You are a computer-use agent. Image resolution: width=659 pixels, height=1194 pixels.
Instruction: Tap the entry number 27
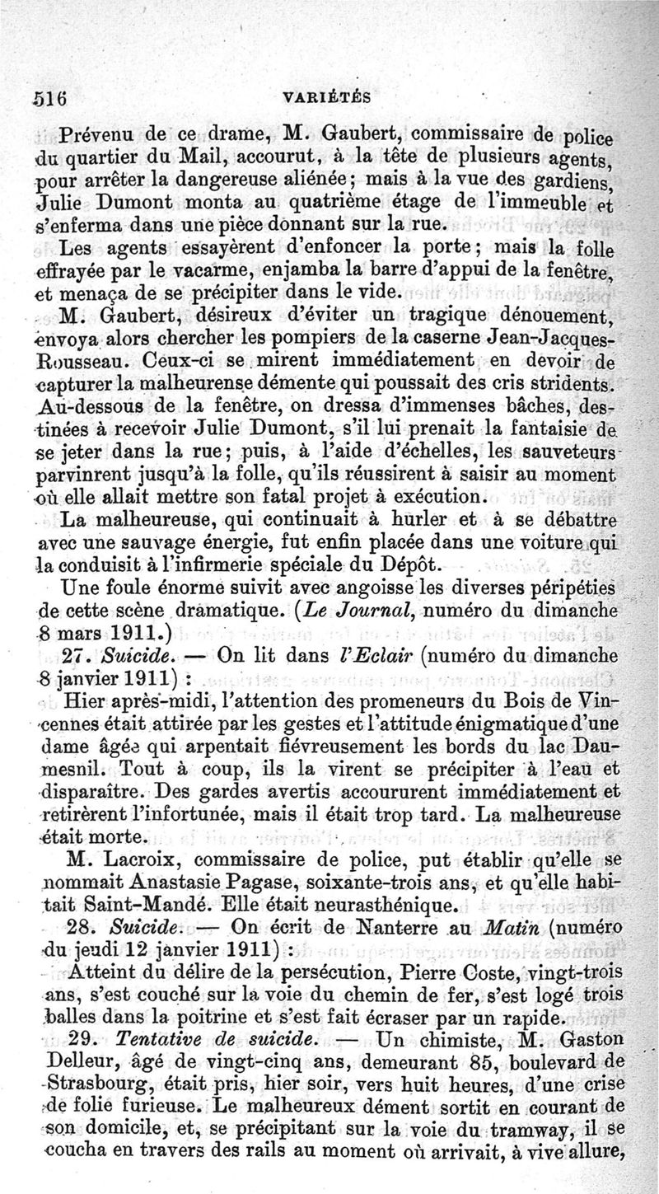pyautogui.click(x=77, y=658)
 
